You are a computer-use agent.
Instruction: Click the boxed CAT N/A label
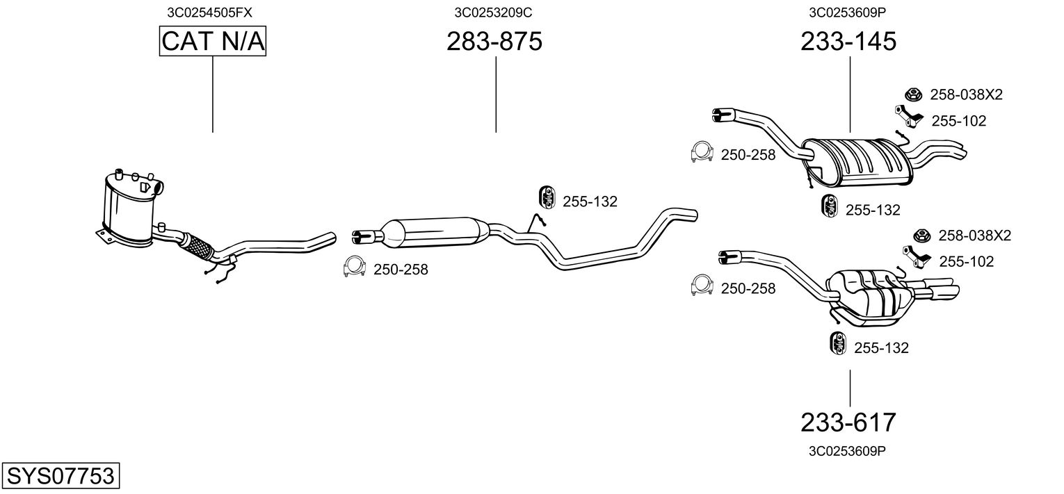point(212,41)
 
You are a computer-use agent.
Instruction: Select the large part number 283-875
point(494,41)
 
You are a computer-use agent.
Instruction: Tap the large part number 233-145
point(848,41)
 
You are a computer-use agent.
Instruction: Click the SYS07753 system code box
point(61,475)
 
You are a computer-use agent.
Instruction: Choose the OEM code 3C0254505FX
point(209,13)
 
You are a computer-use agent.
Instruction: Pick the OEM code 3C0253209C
point(493,13)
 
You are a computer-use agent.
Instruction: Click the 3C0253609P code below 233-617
point(847,451)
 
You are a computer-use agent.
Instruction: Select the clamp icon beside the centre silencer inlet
point(355,267)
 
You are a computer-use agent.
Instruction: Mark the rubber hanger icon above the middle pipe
point(547,197)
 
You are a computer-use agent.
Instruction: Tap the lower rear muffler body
point(869,298)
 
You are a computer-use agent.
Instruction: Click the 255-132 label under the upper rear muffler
point(873,210)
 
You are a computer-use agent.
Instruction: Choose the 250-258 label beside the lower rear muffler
point(748,288)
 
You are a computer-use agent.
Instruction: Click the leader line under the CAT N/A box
point(212,94)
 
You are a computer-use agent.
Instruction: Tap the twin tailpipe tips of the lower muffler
point(936,290)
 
